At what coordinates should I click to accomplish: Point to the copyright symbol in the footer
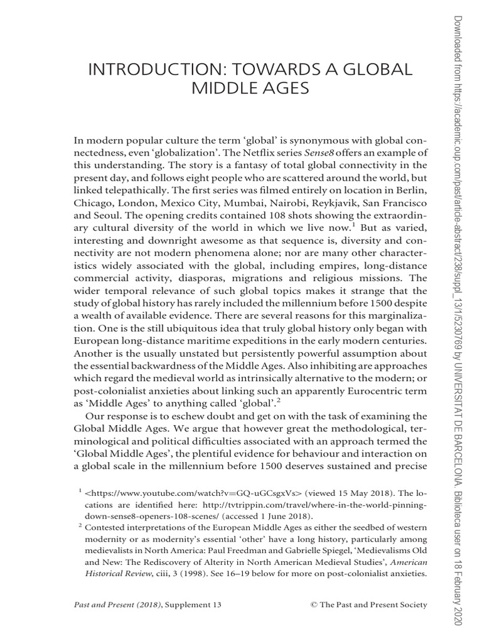point(314,604)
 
